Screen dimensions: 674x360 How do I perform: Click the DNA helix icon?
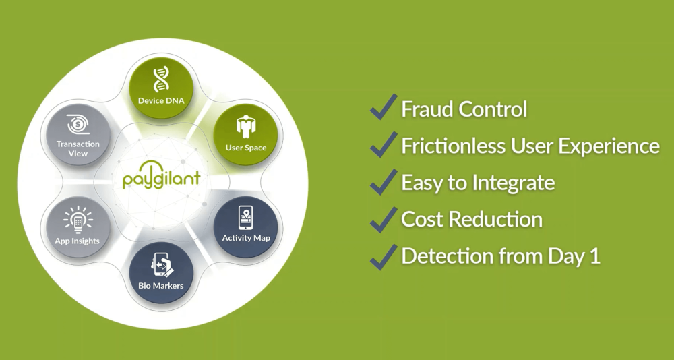(161, 80)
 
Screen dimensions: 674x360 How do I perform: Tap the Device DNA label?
(161, 101)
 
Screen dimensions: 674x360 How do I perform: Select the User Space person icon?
(245, 127)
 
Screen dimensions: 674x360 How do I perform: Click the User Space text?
(246, 148)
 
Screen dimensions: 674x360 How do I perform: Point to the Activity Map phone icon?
(246, 218)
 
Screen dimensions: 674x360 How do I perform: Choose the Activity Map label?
(246, 238)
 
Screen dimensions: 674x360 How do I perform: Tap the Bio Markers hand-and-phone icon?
(161, 264)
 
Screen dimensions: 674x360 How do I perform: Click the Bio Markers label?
(161, 286)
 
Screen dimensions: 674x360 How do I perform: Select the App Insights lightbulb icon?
(78, 220)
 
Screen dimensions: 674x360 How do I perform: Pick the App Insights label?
(78, 241)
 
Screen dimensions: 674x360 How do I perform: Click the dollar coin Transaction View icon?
(78, 124)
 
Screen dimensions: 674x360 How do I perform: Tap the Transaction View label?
(78, 149)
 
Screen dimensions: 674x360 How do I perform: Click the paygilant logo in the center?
(161, 177)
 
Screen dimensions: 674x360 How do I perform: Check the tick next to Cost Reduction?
(383, 219)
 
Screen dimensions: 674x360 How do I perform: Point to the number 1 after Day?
(595, 256)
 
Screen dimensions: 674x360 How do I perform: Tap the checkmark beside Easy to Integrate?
(383, 181)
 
